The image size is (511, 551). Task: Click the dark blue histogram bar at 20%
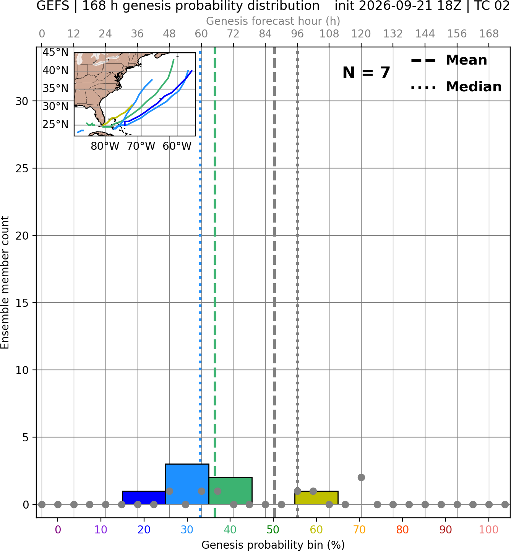pyautogui.click(x=144, y=498)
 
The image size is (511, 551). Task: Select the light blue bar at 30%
pyautogui.click(x=187, y=484)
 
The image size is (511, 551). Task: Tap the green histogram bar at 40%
pyautogui.click(x=230, y=491)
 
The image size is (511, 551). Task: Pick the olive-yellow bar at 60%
pyautogui.click(x=316, y=498)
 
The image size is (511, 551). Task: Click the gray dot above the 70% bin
pyautogui.click(x=361, y=478)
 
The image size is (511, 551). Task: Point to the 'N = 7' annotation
pyautogui.click(x=367, y=73)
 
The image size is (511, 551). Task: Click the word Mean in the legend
pyautogui.click(x=466, y=60)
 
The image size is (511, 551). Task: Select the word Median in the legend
pyautogui.click(x=474, y=87)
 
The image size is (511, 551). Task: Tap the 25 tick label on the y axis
pyautogui.click(x=22, y=169)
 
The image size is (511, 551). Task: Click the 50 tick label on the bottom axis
pyautogui.click(x=273, y=530)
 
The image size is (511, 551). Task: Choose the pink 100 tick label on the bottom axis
pyautogui.click(x=488, y=530)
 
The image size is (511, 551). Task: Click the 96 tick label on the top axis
pyautogui.click(x=297, y=34)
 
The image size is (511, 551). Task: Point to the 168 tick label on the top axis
pyautogui.click(x=489, y=34)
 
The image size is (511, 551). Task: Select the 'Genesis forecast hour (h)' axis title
pyautogui.click(x=273, y=21)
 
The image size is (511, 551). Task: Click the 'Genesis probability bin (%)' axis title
pyautogui.click(x=273, y=545)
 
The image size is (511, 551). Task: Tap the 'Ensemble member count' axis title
pyautogui.click(x=5, y=283)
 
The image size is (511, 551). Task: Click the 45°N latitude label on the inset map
pyautogui.click(x=55, y=52)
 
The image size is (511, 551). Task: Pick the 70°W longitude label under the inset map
pyautogui.click(x=141, y=146)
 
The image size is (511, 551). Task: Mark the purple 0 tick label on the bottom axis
pyautogui.click(x=58, y=530)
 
